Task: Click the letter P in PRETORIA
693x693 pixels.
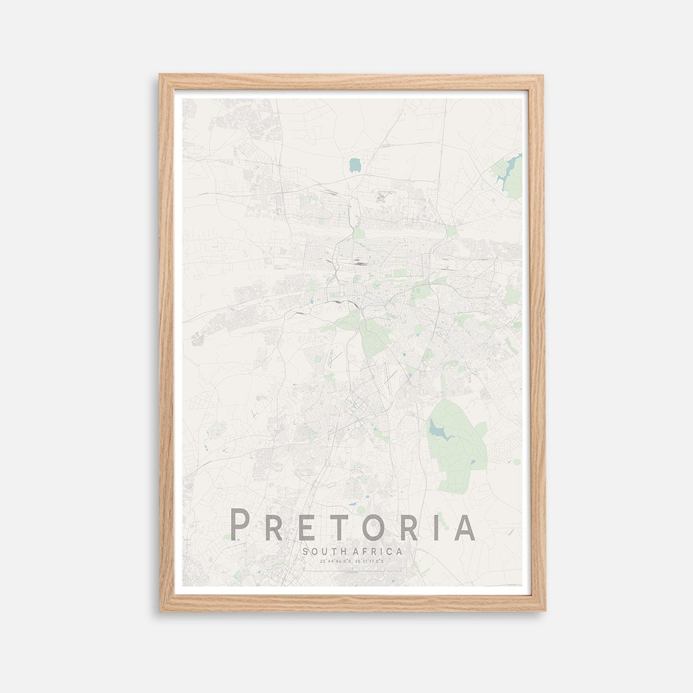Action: [x=240, y=525]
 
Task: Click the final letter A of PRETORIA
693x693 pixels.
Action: [x=464, y=525]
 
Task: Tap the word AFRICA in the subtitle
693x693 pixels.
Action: [x=378, y=552]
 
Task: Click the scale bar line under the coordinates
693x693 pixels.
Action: [x=352, y=571]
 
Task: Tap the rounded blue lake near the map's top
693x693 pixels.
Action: [x=354, y=166]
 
